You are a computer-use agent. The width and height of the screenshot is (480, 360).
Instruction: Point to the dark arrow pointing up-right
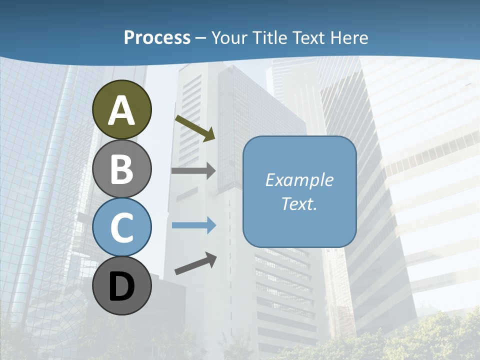tap(195, 263)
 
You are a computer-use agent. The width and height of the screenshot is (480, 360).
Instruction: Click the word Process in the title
tap(157, 37)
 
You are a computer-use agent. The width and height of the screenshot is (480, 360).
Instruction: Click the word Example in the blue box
tap(299, 180)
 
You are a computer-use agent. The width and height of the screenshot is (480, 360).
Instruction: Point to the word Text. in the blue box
tap(299, 203)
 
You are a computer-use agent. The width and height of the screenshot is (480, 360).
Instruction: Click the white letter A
tap(122, 110)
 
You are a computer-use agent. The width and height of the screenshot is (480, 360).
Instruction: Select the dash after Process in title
tap(201, 38)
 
